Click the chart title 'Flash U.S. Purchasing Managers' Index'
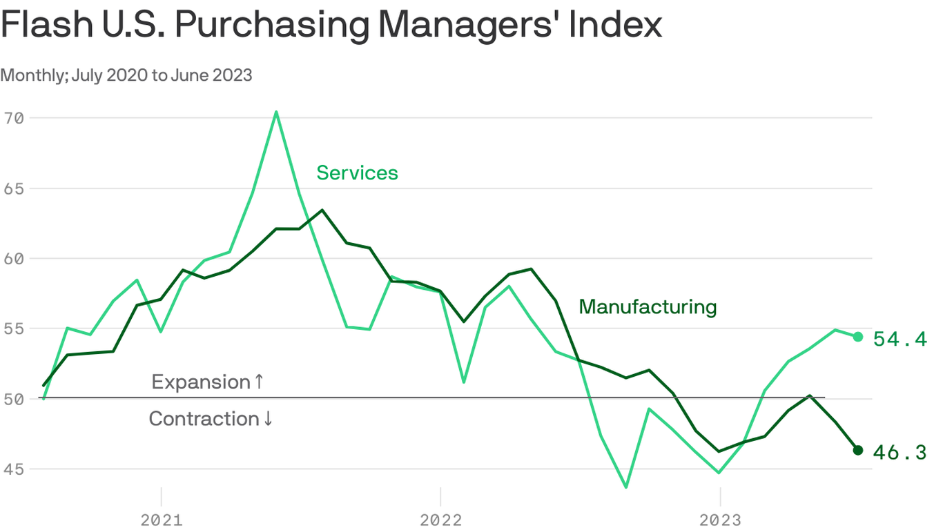click(x=331, y=25)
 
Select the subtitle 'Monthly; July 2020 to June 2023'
click(x=126, y=75)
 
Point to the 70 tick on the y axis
click(x=14, y=118)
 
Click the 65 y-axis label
click(x=14, y=188)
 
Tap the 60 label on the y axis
click(x=14, y=259)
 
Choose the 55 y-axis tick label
click(x=14, y=329)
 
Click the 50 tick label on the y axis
click(x=14, y=399)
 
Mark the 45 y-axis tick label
click(x=14, y=469)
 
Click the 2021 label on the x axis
click(x=161, y=520)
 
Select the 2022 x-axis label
click(x=440, y=520)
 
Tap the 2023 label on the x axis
click(x=720, y=520)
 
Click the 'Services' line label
click(x=357, y=173)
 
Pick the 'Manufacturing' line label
click(x=648, y=306)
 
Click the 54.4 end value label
click(x=900, y=339)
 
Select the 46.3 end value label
click(x=900, y=452)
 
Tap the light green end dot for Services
click(x=858, y=337)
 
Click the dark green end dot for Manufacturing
click(x=858, y=450)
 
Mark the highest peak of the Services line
click(x=276, y=112)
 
